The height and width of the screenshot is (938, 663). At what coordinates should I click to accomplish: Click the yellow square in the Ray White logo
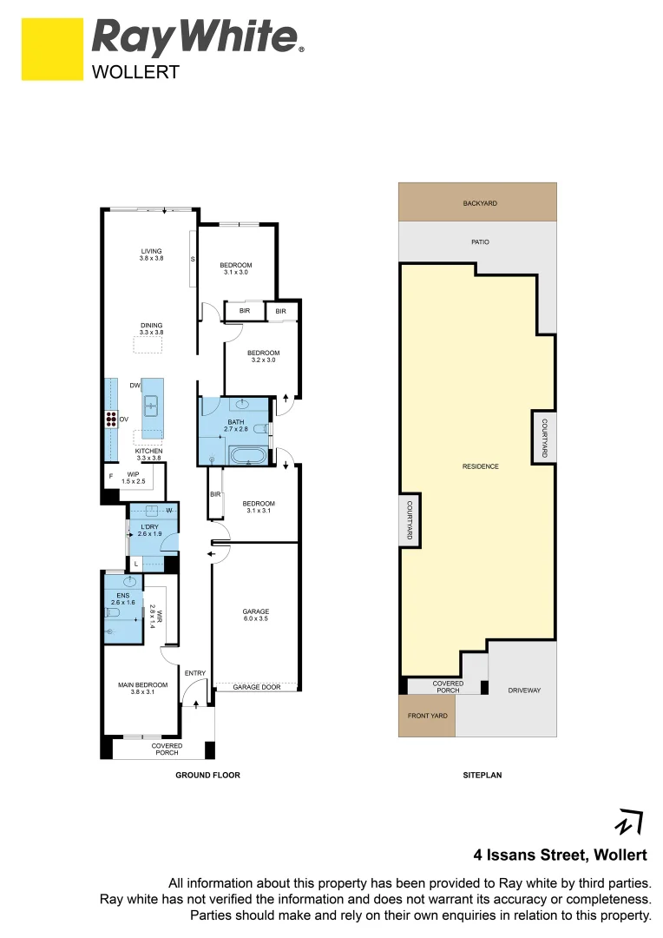(52, 50)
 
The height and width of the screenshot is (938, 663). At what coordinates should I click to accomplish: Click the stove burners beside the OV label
(112, 419)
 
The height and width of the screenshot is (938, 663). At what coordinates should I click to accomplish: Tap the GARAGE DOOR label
(257, 687)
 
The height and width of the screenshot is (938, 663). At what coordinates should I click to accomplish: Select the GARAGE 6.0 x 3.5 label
(256, 615)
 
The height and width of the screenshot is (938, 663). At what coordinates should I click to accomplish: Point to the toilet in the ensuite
(112, 613)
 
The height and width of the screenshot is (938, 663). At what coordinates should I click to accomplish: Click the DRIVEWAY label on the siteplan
(524, 690)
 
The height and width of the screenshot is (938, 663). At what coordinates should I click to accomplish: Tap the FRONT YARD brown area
(426, 717)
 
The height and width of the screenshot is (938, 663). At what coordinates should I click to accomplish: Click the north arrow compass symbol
(629, 821)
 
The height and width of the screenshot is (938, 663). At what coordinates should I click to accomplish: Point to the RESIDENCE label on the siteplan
(480, 466)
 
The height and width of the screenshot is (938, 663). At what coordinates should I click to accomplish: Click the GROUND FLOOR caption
(207, 774)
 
